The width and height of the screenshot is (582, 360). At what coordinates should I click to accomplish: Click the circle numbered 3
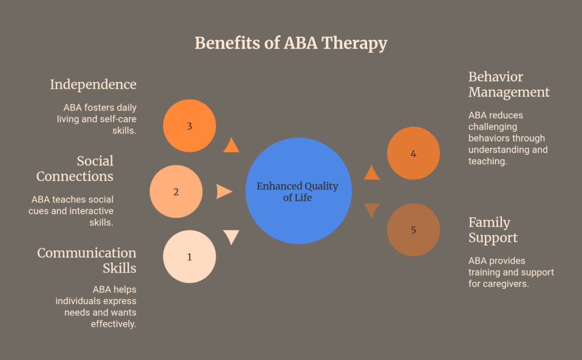[189, 126]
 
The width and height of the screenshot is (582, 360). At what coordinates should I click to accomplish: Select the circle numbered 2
[176, 192]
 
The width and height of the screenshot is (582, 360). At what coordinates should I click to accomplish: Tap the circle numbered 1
[189, 256]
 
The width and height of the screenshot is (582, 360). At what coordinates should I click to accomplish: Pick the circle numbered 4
[413, 153]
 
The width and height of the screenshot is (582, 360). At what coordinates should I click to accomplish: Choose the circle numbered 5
[413, 230]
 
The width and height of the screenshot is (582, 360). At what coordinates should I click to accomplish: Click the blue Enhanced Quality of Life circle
[298, 192]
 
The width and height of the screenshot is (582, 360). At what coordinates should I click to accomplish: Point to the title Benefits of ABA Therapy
[291, 43]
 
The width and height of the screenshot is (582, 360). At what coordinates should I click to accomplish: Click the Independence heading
[93, 85]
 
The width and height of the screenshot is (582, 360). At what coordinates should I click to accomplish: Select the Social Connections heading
[75, 168]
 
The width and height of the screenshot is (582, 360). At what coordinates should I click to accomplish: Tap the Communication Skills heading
[87, 260]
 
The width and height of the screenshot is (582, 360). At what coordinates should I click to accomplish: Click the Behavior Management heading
[509, 84]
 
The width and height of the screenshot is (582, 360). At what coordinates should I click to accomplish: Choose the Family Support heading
[492, 230]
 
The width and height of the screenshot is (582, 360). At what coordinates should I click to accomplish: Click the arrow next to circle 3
[231, 146]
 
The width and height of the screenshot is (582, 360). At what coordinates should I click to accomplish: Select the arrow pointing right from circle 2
[224, 192]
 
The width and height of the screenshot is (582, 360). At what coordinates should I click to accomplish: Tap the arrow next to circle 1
[231, 236]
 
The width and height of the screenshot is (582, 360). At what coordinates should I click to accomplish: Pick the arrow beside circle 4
[372, 173]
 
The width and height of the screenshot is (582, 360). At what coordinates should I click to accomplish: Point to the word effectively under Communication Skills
[114, 324]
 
